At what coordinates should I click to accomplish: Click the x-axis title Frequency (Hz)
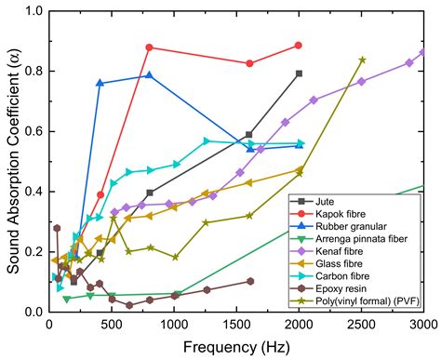pyautogui.click(x=236, y=345)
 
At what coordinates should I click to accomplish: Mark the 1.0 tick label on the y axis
pyautogui.click(x=33, y=12)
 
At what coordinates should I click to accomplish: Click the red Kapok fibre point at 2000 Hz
pyautogui.click(x=299, y=46)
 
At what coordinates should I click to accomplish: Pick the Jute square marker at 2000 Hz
pyautogui.click(x=299, y=73)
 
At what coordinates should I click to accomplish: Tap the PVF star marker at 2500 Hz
pyautogui.click(x=362, y=60)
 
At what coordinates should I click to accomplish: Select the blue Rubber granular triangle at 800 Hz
pyautogui.click(x=149, y=75)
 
